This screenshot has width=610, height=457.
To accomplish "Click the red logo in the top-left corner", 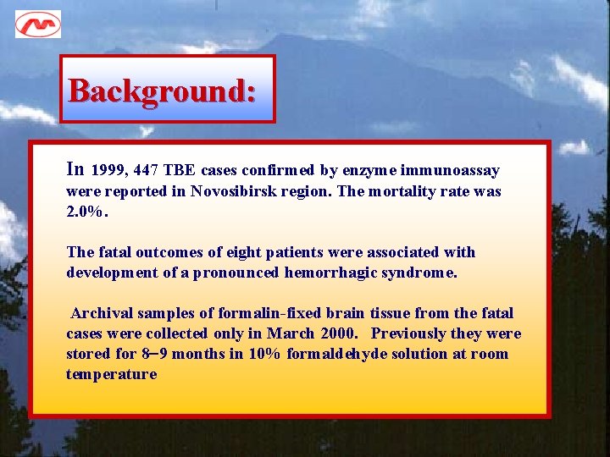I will [x=37, y=24].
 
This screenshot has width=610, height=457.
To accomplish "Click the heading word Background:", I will [x=162, y=90].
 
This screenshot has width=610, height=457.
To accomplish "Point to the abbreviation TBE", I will [x=179, y=171].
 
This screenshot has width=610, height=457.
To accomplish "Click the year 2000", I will [x=339, y=333].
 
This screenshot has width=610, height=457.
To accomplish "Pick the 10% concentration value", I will [x=265, y=354].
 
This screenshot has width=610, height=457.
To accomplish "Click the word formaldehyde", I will [x=340, y=354].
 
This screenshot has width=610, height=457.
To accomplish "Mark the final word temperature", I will [x=112, y=374].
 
